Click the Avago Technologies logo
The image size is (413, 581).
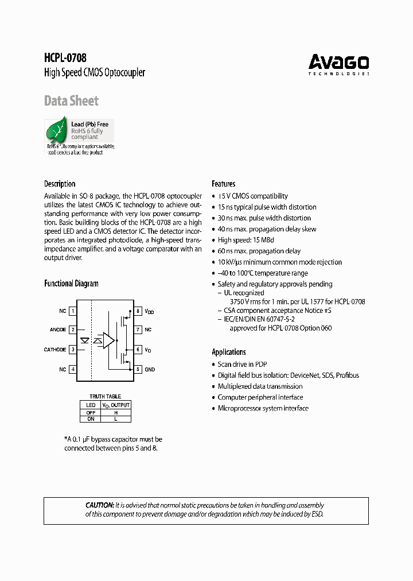point(338,64)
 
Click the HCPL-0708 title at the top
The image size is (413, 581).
point(65,58)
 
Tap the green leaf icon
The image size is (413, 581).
point(57,131)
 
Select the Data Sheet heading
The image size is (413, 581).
point(71,101)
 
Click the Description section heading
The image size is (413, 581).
point(60,184)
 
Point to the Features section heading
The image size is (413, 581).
point(223,184)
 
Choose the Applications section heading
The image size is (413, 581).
point(228,352)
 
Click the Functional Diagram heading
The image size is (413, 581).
point(71,284)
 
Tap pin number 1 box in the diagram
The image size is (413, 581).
point(73,311)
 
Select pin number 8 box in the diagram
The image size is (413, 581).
point(138,311)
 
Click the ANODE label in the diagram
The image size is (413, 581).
point(58,330)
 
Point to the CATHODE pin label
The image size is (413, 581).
point(55,350)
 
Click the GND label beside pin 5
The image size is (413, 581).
point(150,369)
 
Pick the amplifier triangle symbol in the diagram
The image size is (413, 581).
point(108,340)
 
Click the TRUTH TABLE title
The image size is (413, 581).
point(105,397)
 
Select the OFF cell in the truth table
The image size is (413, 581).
point(91,412)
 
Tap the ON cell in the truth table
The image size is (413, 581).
point(91,419)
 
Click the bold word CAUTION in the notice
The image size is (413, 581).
point(99,505)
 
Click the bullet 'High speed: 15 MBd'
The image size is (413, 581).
point(247,240)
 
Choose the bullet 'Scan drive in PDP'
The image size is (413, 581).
point(242,364)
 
